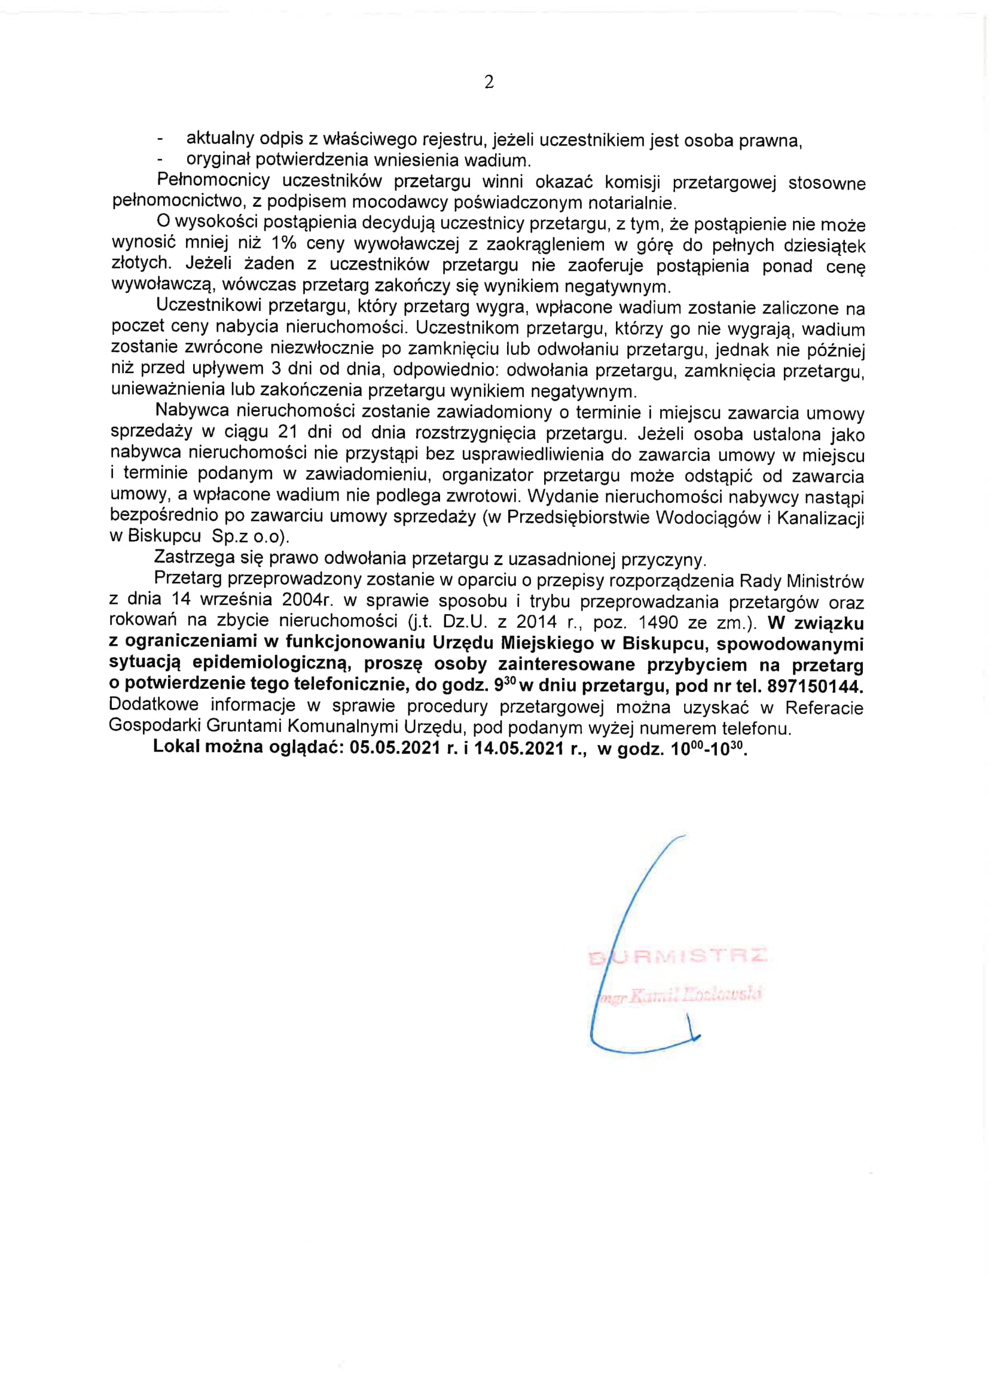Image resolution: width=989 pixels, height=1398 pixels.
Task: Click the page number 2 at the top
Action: coord(489,82)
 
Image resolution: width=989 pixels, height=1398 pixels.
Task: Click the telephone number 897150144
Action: coord(815,686)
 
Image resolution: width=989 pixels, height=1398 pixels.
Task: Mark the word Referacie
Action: coord(824,707)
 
